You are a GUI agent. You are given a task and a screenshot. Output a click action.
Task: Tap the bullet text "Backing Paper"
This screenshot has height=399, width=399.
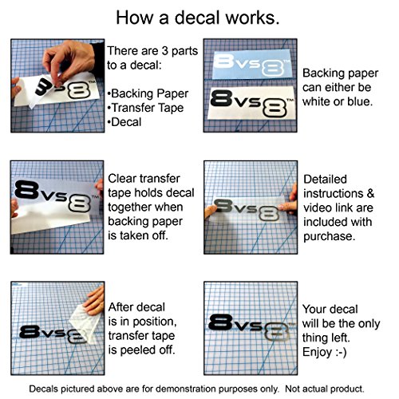150,93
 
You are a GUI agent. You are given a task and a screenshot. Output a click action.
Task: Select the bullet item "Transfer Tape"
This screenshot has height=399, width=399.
148,108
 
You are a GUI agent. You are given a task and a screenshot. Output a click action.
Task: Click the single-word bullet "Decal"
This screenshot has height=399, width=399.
126,122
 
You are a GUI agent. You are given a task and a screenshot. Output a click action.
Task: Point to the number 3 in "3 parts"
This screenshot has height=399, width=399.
165,51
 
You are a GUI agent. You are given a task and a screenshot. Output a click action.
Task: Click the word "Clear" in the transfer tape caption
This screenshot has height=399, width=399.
121,179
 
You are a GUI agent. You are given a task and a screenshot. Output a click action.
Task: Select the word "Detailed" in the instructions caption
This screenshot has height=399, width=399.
325,179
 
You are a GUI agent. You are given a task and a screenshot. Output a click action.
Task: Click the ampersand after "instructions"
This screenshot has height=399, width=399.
370,193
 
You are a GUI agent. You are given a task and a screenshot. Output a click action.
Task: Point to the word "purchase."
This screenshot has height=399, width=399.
330,236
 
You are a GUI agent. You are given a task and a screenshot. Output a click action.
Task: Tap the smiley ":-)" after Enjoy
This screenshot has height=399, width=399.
341,352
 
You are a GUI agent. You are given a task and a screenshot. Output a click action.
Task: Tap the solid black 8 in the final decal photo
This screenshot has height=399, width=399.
220,322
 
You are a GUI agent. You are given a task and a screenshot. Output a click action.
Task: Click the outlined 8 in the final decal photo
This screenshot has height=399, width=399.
276,334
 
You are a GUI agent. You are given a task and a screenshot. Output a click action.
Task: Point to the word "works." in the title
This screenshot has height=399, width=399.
252,18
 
